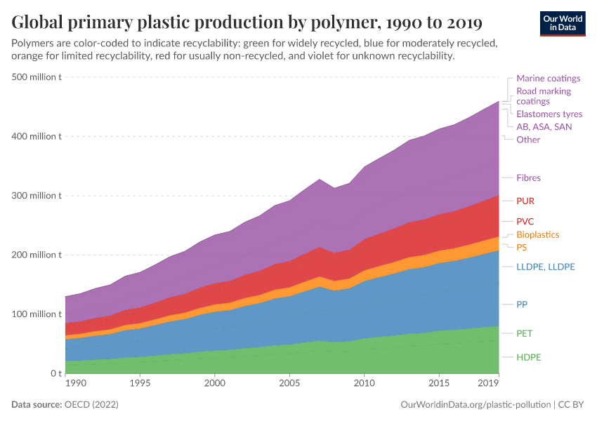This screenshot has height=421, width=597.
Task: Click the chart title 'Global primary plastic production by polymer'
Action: pyautogui.click(x=247, y=22)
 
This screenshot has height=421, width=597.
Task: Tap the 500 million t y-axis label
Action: pyautogui.click(x=37, y=77)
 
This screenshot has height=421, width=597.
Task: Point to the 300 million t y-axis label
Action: pyautogui.click(x=37, y=196)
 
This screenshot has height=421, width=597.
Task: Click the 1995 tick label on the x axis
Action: pyautogui.click(x=140, y=384)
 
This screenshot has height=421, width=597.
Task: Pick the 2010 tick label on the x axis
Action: pyautogui.click(x=363, y=384)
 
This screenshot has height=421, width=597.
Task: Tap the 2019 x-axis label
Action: pyautogui.click(x=487, y=384)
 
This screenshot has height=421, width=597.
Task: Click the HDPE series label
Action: pyautogui.click(x=529, y=357)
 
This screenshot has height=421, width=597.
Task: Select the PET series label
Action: pyautogui.click(x=525, y=333)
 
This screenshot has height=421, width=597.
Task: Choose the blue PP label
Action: pyautogui.click(x=522, y=305)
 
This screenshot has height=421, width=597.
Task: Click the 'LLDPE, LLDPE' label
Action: pyautogui.click(x=546, y=267)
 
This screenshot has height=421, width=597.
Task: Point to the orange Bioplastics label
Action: pyautogui.click(x=537, y=234)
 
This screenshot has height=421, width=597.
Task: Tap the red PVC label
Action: pyautogui.click(x=525, y=221)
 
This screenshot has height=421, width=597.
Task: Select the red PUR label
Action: pyautogui.click(x=525, y=201)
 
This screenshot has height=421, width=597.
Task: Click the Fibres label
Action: pyautogui.click(x=528, y=178)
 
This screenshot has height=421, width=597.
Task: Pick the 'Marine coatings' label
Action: pyautogui.click(x=548, y=79)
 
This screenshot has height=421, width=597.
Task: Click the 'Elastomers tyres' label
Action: pyautogui.click(x=549, y=114)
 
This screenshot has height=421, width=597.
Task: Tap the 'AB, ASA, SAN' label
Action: pyautogui.click(x=544, y=127)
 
